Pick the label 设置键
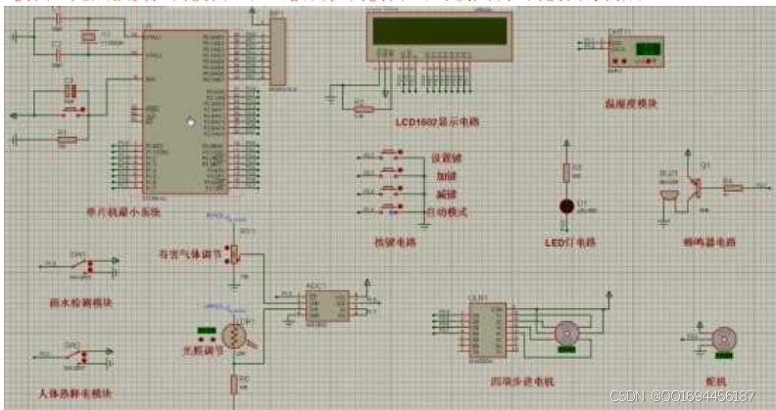[x=448, y=158]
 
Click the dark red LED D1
[x=565, y=206]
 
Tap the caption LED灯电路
[x=570, y=242]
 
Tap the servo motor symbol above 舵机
[x=723, y=338]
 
